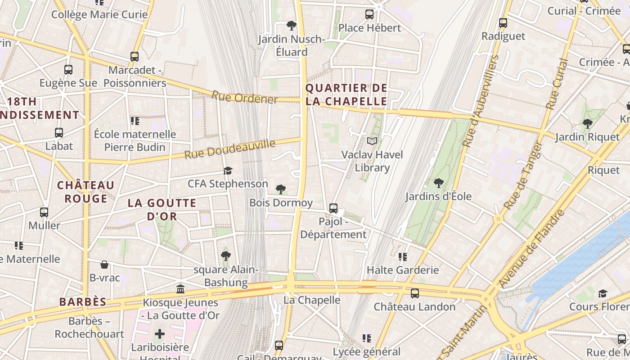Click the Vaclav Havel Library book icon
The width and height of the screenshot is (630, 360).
pos(372,141)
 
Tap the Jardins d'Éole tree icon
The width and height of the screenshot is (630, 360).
pos(438,183)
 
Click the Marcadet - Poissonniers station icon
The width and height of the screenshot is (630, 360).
pos(135,57)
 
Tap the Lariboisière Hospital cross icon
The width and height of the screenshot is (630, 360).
pos(160,334)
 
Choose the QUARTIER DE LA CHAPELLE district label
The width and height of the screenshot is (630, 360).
pos(346,94)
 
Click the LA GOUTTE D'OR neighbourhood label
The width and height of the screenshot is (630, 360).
pos(162,210)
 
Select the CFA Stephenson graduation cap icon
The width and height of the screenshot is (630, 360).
pos(228,171)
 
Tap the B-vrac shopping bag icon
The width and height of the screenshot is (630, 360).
pos(104,264)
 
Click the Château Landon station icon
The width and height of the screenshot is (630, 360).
pos(414,293)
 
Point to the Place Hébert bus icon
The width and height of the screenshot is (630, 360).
pos(369,14)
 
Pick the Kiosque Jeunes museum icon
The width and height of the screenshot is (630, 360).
pos(180,289)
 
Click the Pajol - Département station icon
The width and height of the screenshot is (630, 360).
pos(333,208)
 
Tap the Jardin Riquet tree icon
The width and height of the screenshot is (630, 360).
pos(587,123)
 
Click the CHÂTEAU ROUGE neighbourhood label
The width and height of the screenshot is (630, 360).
pos(85,192)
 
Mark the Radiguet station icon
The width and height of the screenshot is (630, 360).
pos(503,22)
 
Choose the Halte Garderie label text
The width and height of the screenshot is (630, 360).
pos(403,270)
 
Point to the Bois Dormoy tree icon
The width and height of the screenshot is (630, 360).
pos(281,189)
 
